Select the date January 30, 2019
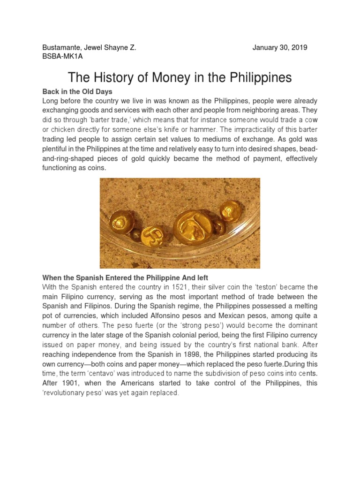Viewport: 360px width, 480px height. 280,48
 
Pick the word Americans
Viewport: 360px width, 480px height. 155,383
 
